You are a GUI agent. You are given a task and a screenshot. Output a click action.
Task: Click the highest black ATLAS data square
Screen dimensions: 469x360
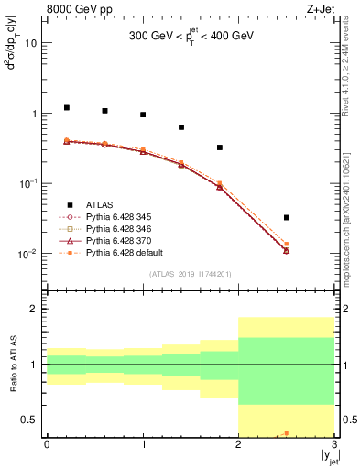pyautogui.click(x=67, y=107)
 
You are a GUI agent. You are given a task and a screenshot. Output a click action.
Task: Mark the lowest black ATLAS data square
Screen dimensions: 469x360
pyautogui.click(x=287, y=218)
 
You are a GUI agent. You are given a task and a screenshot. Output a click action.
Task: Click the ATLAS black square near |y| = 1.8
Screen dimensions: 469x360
pyautogui.click(x=220, y=147)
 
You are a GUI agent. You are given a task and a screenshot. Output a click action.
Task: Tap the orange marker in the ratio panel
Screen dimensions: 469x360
pyautogui.click(x=287, y=433)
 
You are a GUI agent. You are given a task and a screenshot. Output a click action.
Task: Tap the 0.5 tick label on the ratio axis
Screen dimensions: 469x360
pyautogui.click(x=30, y=420)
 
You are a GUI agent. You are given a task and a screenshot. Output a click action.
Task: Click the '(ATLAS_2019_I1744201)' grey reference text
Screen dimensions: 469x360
pyautogui.click(x=190, y=274)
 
